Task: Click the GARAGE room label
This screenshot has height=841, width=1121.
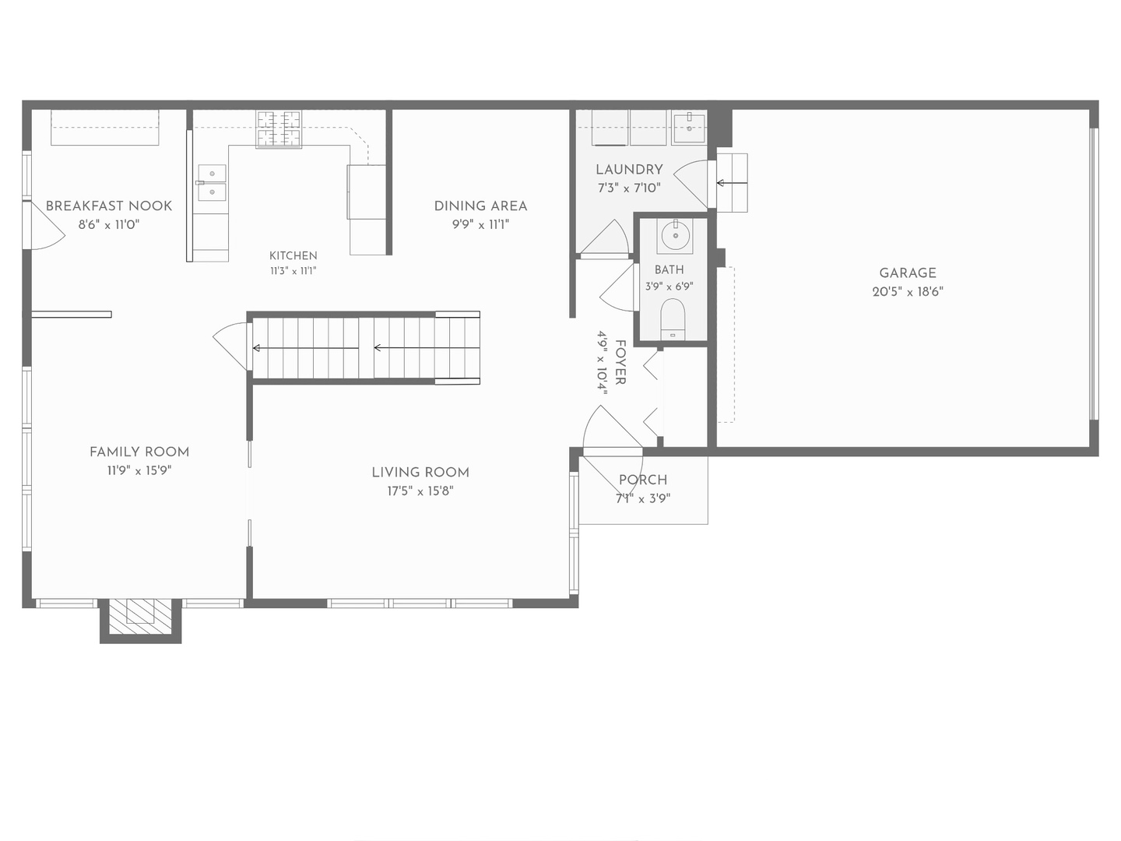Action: tap(908, 273)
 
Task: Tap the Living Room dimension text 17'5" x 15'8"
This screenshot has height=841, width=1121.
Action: tap(420, 491)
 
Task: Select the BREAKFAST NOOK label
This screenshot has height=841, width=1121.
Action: tap(109, 206)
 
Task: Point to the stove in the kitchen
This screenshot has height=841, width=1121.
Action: tap(279, 130)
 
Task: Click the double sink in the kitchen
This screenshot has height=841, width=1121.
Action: tap(212, 182)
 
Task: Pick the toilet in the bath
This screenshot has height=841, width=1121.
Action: tap(673, 319)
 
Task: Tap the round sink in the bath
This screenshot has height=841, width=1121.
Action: tap(676, 235)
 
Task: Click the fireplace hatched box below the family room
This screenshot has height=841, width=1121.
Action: tap(140, 617)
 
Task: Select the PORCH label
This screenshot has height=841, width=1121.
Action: tap(643, 480)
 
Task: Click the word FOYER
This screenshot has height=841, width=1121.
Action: tap(620, 362)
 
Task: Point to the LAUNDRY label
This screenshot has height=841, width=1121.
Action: tap(629, 170)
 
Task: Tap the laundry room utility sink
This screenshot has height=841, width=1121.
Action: tap(689, 128)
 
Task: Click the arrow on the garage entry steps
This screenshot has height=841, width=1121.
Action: tap(732, 183)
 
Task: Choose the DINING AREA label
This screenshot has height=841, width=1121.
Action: tap(480, 206)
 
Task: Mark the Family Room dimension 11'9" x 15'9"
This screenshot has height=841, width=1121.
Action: tap(139, 470)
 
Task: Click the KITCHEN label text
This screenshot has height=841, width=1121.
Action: tap(293, 255)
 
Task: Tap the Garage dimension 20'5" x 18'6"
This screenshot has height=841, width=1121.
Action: tap(908, 291)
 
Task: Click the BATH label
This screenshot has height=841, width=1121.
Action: tap(669, 269)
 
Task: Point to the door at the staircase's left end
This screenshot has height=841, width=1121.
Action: tap(232, 347)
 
